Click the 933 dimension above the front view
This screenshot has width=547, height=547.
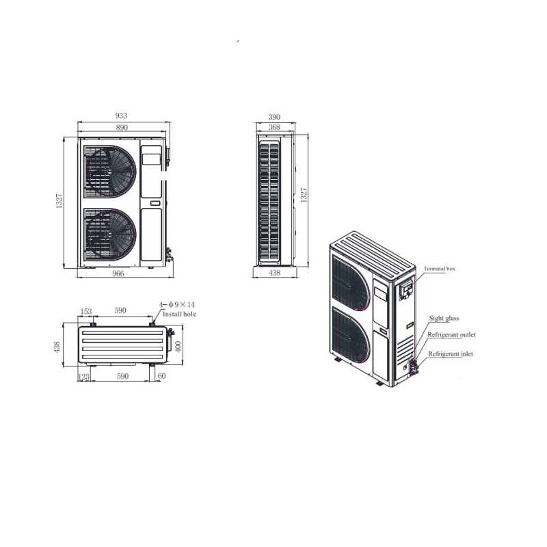pos(122,116)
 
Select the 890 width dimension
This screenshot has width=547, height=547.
pos(122,128)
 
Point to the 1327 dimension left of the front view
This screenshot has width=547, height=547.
pos(59,202)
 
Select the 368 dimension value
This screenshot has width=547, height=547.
pos(274,128)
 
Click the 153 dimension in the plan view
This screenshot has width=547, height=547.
pos(86,311)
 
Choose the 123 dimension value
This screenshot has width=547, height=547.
pos(84,376)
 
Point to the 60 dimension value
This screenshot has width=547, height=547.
pos(161,376)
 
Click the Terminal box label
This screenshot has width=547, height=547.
pos(439,269)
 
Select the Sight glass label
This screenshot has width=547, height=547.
pos(444,318)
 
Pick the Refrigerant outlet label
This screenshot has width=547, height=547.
pos(451,335)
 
